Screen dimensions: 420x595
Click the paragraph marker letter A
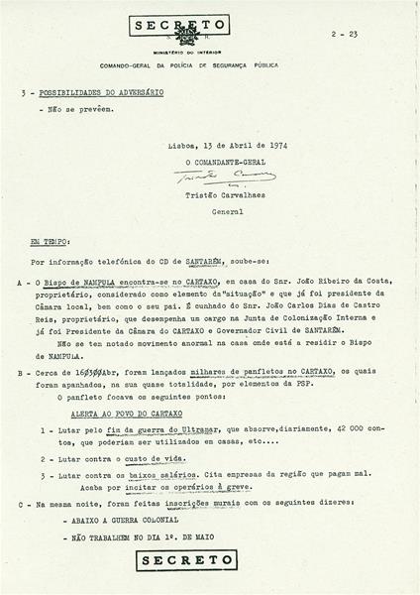coord(22,283)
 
